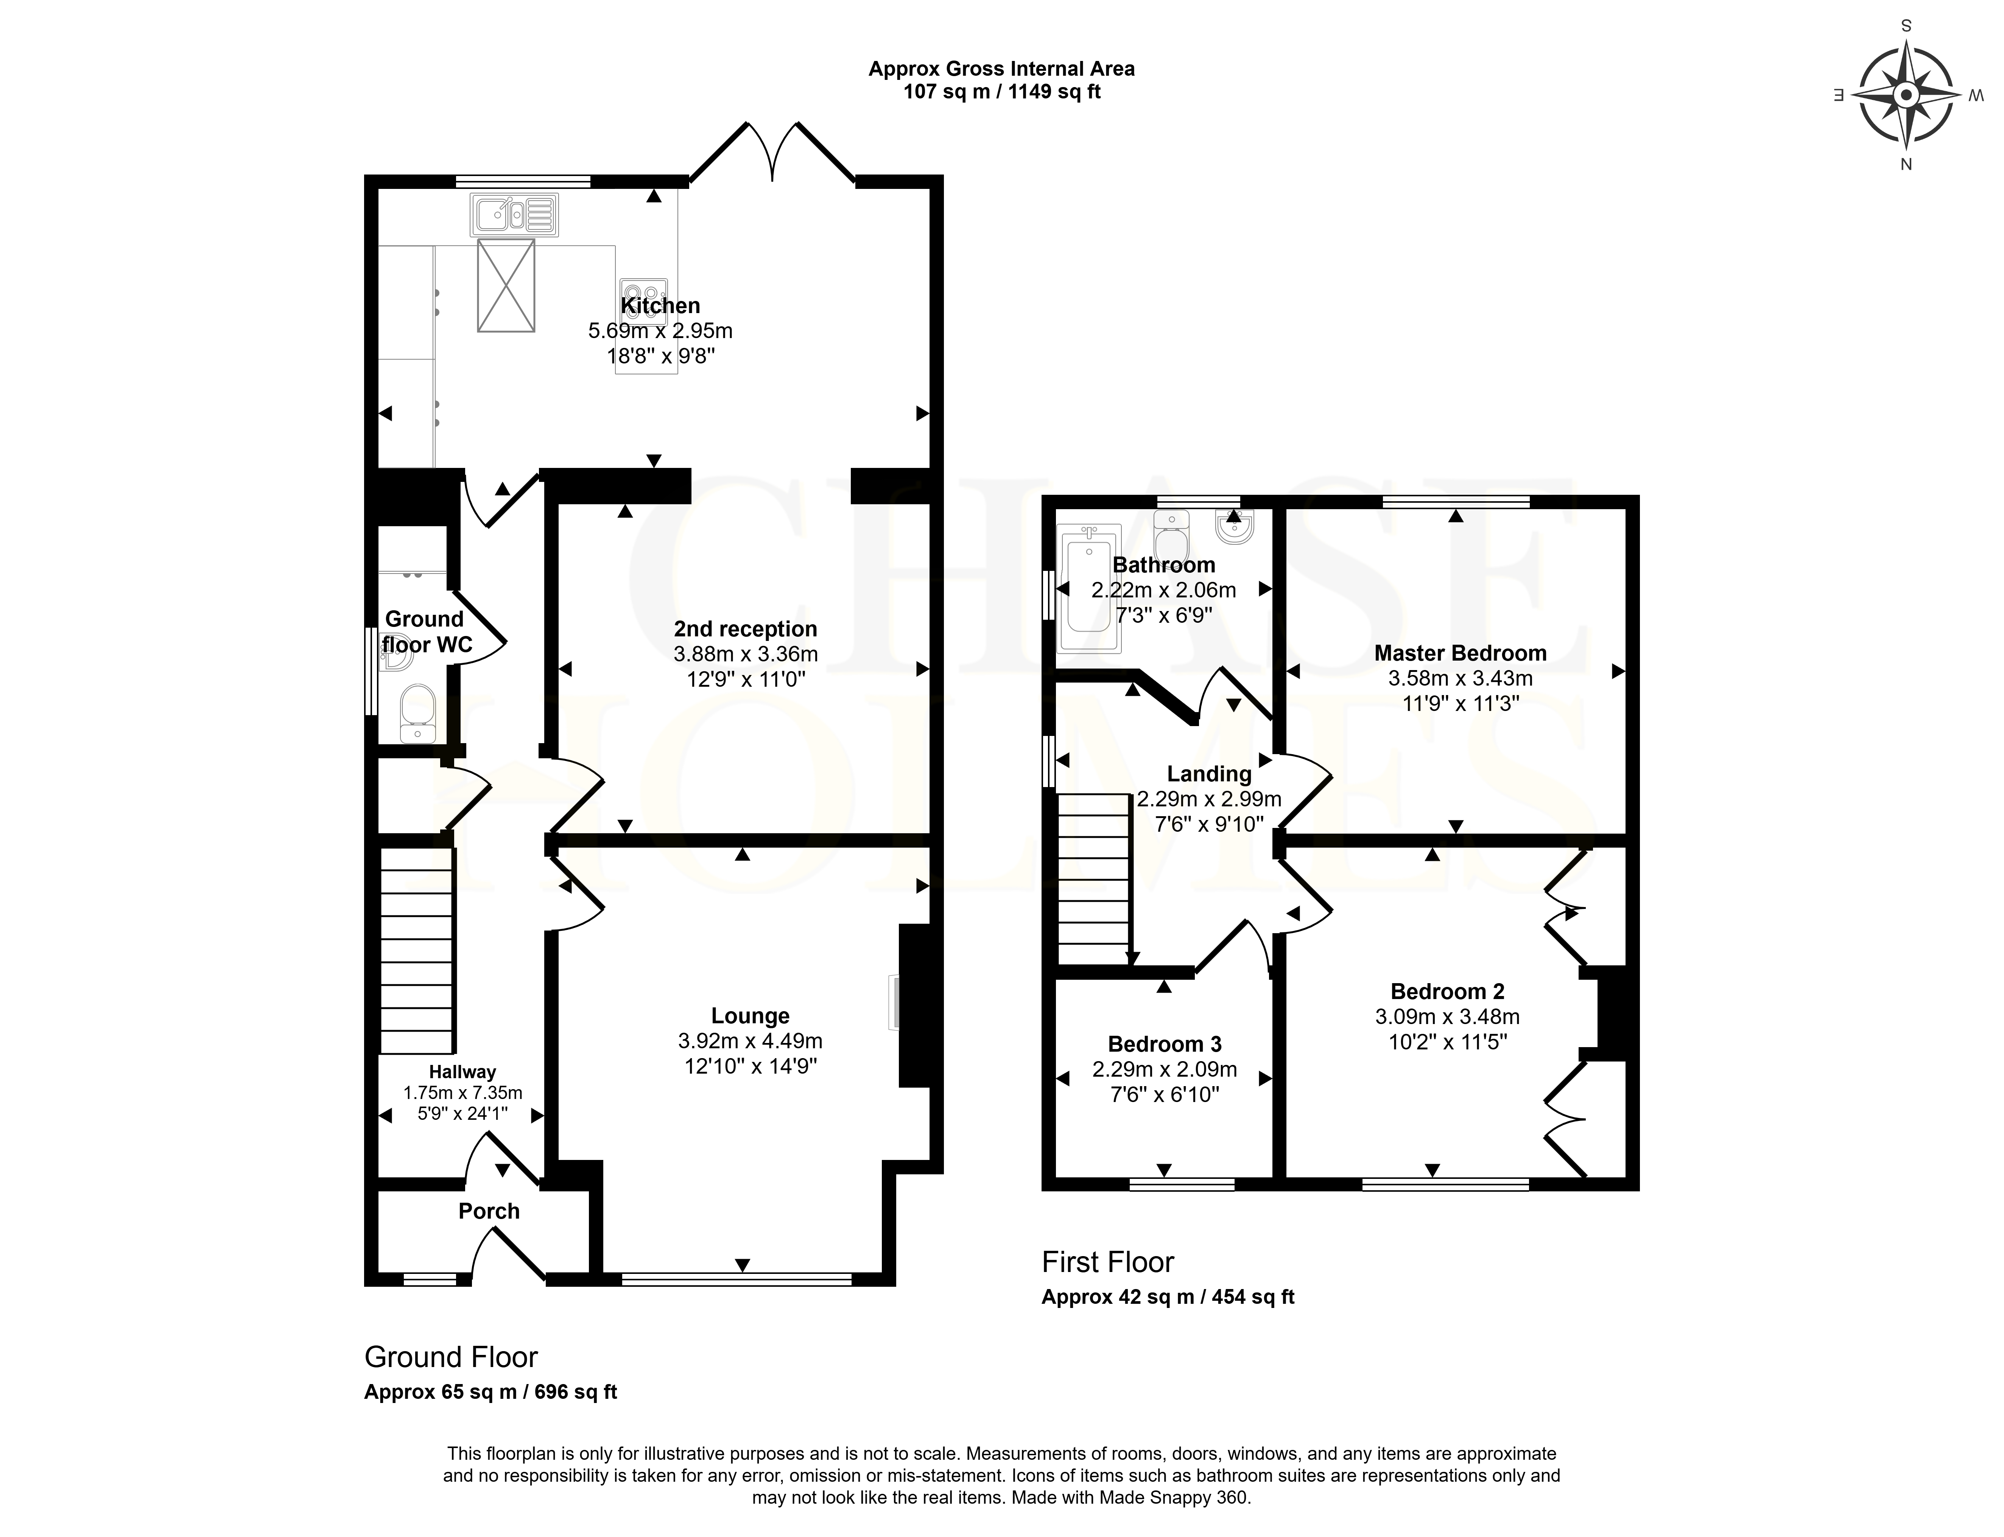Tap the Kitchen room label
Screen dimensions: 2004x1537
click(660, 306)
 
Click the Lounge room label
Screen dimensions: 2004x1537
click(750, 1015)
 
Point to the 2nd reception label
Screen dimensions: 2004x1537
click(746, 628)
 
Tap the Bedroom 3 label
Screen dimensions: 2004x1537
click(1164, 1044)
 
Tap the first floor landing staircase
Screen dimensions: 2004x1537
click(1094, 878)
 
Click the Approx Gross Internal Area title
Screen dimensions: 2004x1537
click(1001, 69)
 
